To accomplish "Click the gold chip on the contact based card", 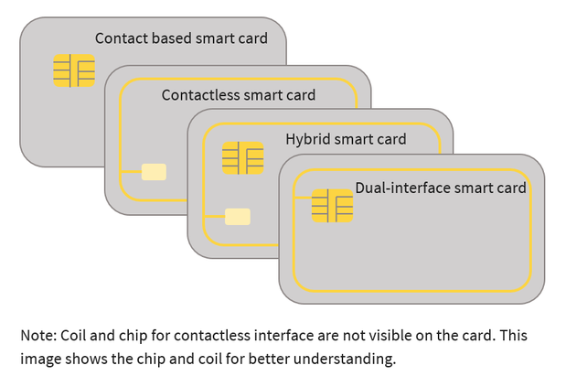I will click(x=74, y=70).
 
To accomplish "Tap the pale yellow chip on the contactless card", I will click(x=154, y=172).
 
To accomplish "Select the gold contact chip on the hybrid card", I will click(x=242, y=158).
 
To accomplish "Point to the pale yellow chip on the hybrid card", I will click(x=238, y=216).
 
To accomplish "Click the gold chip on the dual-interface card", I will click(x=332, y=206).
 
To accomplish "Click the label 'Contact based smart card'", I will click(x=181, y=38).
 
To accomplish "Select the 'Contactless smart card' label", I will click(x=238, y=95).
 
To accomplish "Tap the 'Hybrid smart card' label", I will click(x=346, y=140).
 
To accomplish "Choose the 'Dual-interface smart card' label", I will click(x=441, y=188).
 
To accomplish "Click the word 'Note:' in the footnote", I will click(x=39, y=336).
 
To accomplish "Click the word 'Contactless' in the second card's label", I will click(x=200, y=95).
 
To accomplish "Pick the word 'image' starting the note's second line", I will click(x=40, y=359).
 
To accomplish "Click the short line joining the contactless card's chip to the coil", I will click(x=131, y=172).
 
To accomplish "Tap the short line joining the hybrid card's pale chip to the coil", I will click(x=214, y=216).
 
